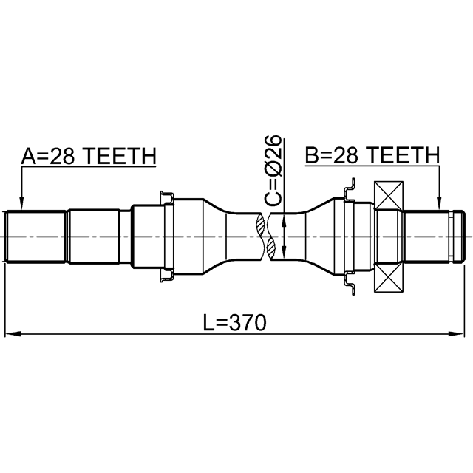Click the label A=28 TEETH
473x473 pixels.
89,156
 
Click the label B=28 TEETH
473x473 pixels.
372,155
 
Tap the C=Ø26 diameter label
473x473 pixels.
273,171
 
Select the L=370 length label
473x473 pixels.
235,322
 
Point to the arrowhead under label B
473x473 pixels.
439,203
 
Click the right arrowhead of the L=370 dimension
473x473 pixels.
456,334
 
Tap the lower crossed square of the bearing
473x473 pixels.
389,278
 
